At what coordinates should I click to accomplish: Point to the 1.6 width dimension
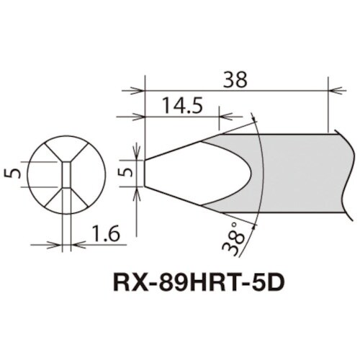point(103,232)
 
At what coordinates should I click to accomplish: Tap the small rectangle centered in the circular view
point(66,174)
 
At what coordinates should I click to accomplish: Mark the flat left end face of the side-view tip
point(145,173)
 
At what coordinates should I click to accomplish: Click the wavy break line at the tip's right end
point(351,173)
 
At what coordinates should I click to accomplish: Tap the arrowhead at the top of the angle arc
point(253,117)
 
